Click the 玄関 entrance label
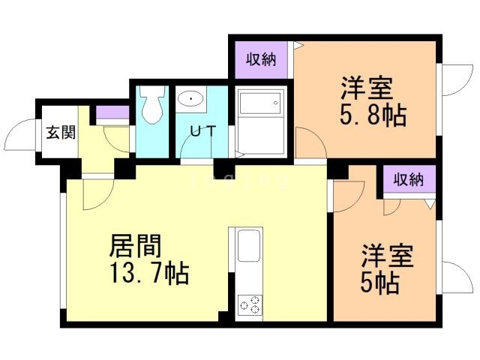point(60,133)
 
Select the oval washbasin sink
point(192,98)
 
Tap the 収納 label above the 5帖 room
point(408,179)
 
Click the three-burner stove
point(249,305)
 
